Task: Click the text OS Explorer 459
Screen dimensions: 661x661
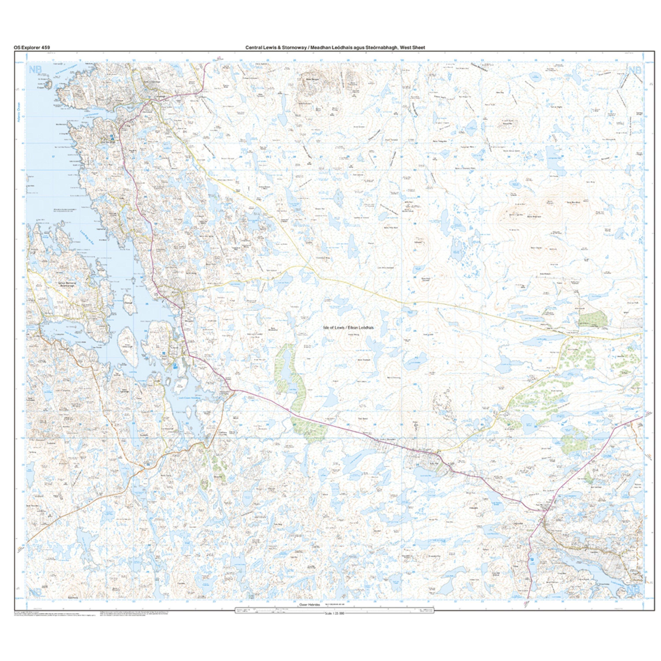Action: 32,48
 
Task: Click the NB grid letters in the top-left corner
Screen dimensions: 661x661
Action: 35,70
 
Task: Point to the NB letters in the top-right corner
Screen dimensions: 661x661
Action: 635,70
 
